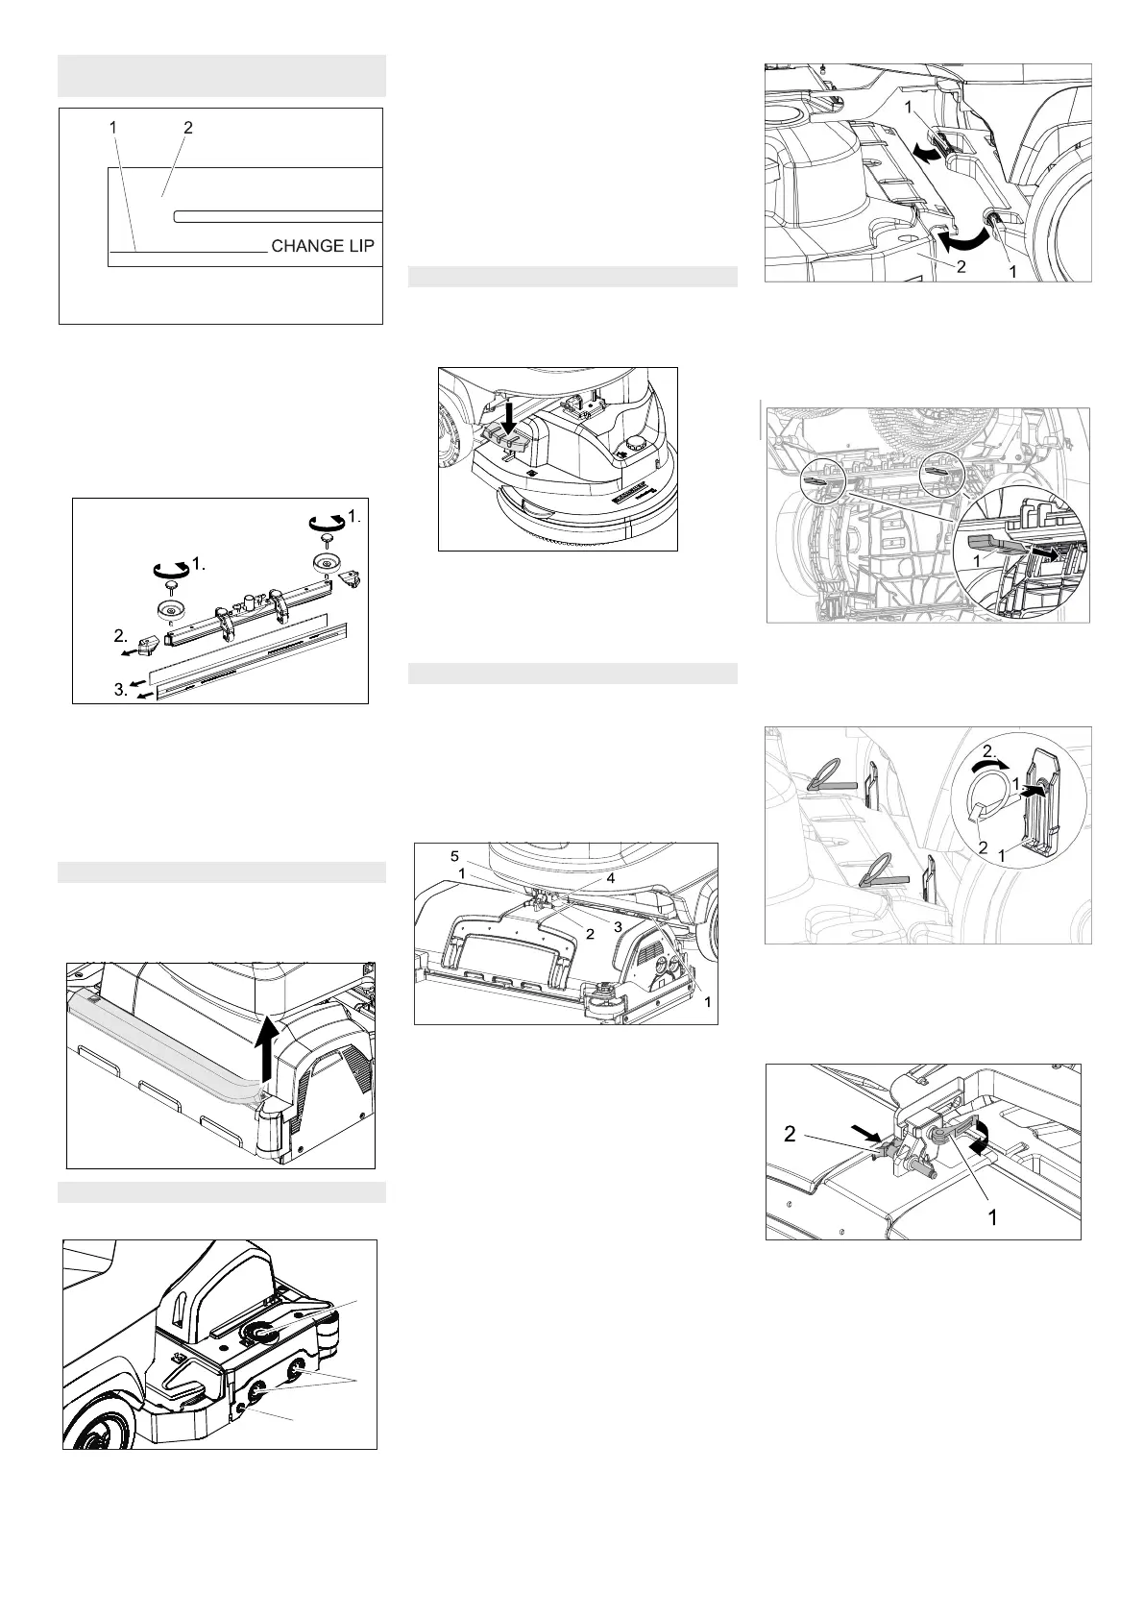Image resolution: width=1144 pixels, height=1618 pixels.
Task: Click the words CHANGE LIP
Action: (323, 246)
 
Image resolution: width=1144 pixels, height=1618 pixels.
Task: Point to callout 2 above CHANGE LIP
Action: (188, 128)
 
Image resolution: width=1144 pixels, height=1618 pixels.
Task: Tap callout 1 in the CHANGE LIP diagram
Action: (112, 127)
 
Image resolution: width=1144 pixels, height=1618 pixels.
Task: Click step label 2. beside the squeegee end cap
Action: (121, 636)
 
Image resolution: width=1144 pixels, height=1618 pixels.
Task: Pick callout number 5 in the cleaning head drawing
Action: (454, 857)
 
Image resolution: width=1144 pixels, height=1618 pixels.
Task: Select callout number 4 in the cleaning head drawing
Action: (610, 878)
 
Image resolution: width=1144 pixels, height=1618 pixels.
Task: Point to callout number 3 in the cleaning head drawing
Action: (619, 927)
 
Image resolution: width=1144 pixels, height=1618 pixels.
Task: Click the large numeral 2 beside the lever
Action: (791, 1134)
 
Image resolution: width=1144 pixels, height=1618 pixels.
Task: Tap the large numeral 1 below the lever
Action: (992, 1218)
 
